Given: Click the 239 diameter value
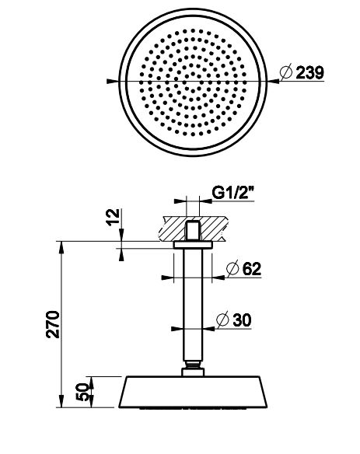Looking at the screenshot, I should point(309,72).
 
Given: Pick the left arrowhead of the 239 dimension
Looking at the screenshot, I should point(114,80).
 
